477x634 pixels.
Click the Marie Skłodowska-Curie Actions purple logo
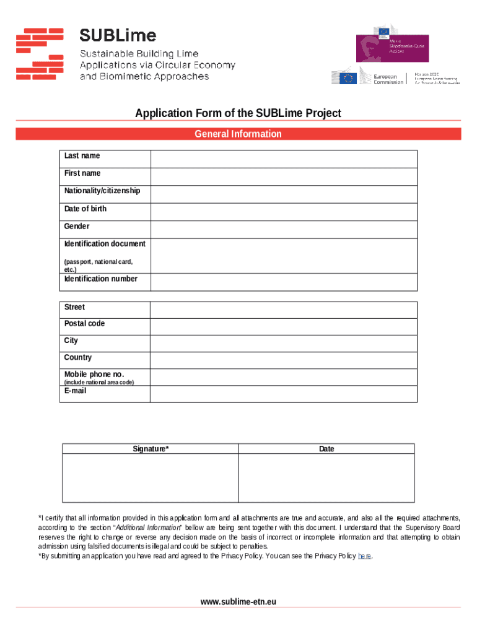point(392,47)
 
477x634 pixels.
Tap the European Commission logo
point(368,78)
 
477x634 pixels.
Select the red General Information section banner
point(238,134)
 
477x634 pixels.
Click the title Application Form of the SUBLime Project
point(238,113)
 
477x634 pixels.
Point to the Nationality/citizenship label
point(102,191)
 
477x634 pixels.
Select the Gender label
point(77,227)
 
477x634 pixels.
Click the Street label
point(74,307)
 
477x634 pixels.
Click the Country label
point(78,357)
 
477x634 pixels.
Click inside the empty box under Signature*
point(150,477)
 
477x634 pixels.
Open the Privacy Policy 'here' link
point(365,556)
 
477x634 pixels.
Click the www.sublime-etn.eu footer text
point(238,602)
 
